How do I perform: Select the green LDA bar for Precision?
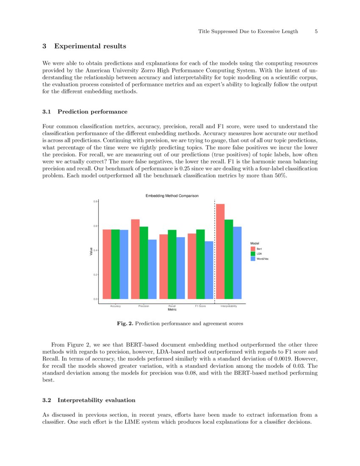[144, 263]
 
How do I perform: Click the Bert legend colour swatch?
[253, 249]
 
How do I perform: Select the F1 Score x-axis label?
[200, 306]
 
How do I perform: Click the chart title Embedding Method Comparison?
[172, 196]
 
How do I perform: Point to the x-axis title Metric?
[172, 310]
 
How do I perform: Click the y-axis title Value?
[91, 251]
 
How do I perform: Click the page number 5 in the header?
[316, 31]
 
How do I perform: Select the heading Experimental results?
[90, 46]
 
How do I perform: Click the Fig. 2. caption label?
[125, 324]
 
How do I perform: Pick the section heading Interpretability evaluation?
[97, 400]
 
